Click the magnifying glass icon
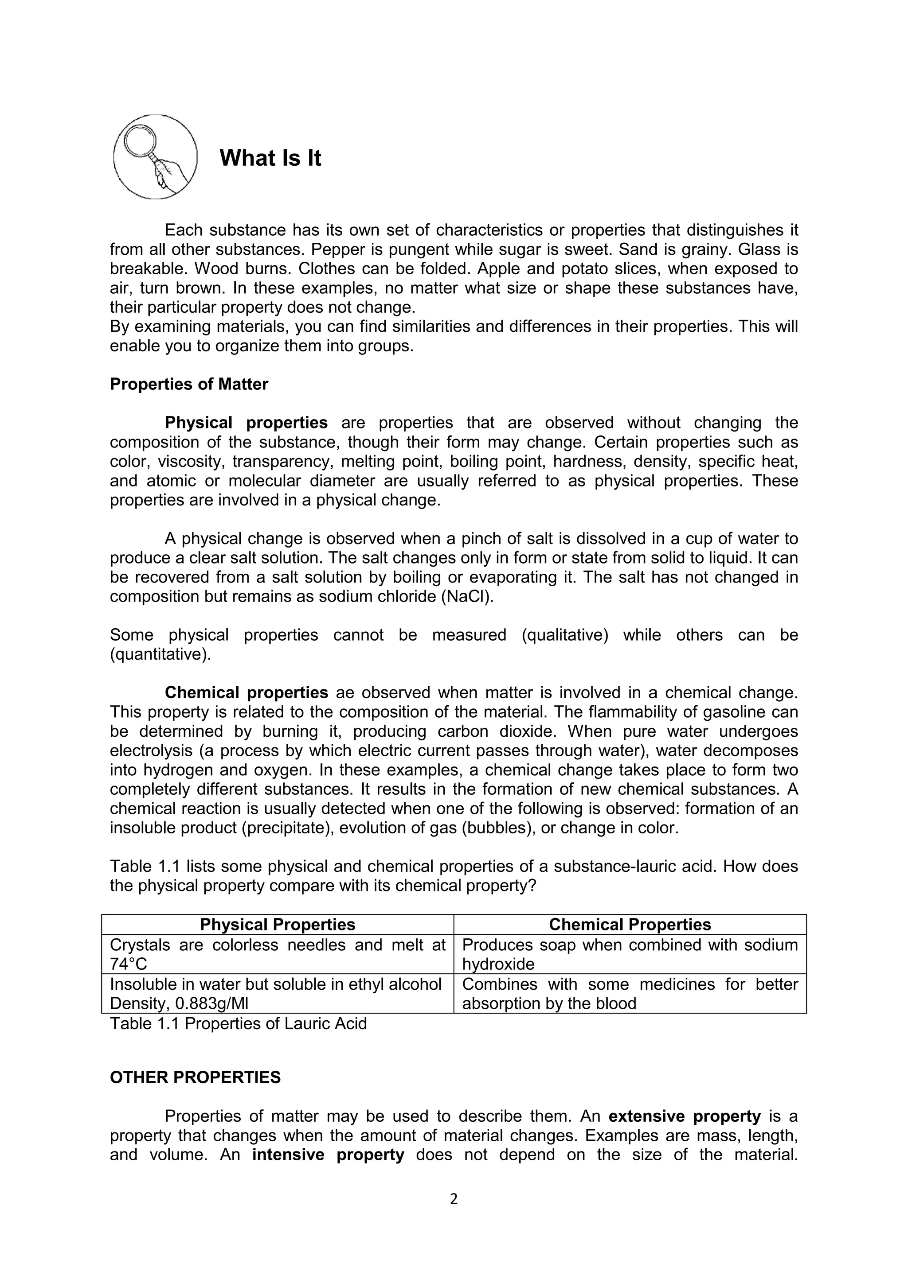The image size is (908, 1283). [x=155, y=156]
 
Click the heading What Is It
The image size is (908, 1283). [x=270, y=158]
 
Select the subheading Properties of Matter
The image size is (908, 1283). [x=189, y=384]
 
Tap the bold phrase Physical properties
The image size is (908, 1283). [x=246, y=423]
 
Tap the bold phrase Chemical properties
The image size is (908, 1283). [x=246, y=692]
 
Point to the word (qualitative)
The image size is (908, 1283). [x=565, y=635]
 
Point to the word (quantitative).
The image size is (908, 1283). [x=160, y=654]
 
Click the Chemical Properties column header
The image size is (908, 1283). [x=630, y=924]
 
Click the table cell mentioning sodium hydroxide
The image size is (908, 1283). [x=630, y=954]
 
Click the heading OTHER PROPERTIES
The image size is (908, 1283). [x=195, y=1077]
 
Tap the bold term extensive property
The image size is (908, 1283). [x=685, y=1116]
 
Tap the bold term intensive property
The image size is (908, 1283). [x=328, y=1155]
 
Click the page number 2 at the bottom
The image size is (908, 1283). [x=454, y=1200]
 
